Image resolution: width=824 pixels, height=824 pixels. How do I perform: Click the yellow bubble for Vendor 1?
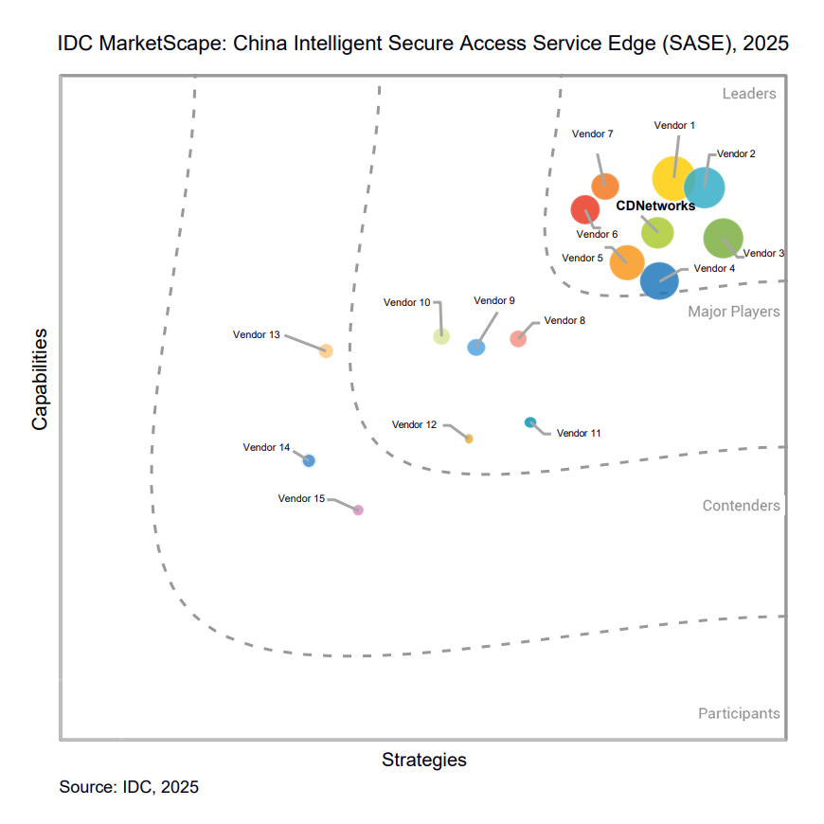coord(673,178)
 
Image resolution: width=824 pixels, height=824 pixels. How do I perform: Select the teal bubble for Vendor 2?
coord(705,186)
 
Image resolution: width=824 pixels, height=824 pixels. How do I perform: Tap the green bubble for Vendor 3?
coord(724,237)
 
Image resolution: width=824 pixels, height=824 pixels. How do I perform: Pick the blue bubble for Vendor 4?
coord(659,280)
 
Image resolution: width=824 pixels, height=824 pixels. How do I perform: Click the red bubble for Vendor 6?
coord(585,208)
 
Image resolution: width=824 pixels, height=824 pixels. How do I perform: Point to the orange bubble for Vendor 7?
coord(605,187)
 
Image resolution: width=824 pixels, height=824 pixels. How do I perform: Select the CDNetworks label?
coord(655,206)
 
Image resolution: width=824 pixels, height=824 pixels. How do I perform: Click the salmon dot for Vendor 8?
coord(518,339)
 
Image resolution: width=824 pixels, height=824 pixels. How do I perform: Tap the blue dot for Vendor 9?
coord(476,348)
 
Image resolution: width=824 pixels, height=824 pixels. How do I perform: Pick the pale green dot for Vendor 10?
coord(441,335)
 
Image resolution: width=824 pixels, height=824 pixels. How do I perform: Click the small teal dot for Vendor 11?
coord(530,422)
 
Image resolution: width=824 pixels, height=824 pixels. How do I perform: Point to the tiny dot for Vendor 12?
coord(469,439)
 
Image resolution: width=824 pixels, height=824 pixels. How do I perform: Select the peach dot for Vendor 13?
coord(326,351)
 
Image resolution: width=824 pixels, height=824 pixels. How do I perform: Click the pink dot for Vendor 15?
coord(358,510)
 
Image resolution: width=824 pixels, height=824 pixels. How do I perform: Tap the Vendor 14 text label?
coord(266,447)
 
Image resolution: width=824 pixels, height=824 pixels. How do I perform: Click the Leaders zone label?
coord(749,94)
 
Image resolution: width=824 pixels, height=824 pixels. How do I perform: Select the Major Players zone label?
coord(734,312)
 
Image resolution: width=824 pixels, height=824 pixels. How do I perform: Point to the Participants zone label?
coord(739,713)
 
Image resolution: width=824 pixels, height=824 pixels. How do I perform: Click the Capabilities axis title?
coord(40,379)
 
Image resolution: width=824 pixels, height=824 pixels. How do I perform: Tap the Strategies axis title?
coord(424,760)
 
